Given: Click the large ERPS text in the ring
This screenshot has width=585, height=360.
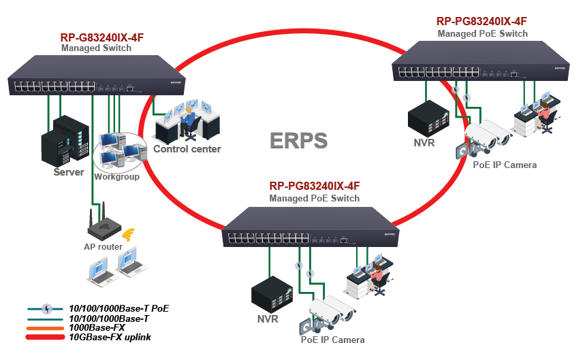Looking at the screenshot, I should coord(298,140).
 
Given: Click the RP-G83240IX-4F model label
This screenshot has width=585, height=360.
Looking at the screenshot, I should coord(101,38).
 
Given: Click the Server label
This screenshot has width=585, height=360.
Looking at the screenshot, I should coord(69,172).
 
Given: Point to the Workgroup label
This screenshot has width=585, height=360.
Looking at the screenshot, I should coord(116,177).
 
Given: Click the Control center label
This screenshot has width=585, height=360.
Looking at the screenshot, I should coord(187,149).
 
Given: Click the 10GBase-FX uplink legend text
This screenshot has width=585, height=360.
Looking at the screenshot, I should coord(110,337).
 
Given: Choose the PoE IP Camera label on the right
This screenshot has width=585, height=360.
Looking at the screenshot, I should coord(505,165).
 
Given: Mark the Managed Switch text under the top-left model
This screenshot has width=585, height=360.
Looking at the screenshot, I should coord(93,48).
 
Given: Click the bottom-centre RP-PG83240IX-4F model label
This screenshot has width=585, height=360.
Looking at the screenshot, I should coord(314,186).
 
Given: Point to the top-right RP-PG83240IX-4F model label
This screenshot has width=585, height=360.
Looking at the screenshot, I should coord(482,21).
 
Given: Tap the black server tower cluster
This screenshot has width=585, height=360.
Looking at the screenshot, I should coord(65,141).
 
